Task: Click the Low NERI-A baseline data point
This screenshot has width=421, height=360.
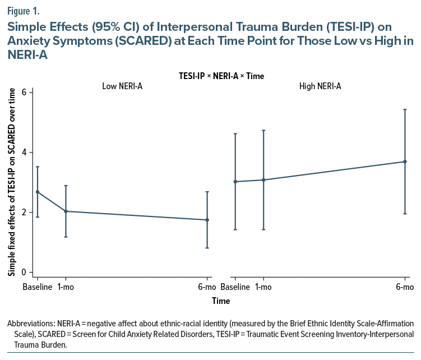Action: (37, 192)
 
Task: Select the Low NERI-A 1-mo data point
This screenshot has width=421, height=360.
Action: (66, 211)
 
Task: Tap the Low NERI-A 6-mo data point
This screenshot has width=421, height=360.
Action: (207, 220)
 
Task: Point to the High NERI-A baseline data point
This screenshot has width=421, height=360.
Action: (235, 182)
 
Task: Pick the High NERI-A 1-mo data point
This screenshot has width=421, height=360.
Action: (263, 180)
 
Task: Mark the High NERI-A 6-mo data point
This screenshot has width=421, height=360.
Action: (405, 161)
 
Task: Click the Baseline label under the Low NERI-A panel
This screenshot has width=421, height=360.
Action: (37, 287)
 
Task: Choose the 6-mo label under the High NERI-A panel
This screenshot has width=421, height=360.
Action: (405, 287)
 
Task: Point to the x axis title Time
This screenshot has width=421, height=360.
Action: (220, 301)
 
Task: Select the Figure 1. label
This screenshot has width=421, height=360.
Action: (23, 9)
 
